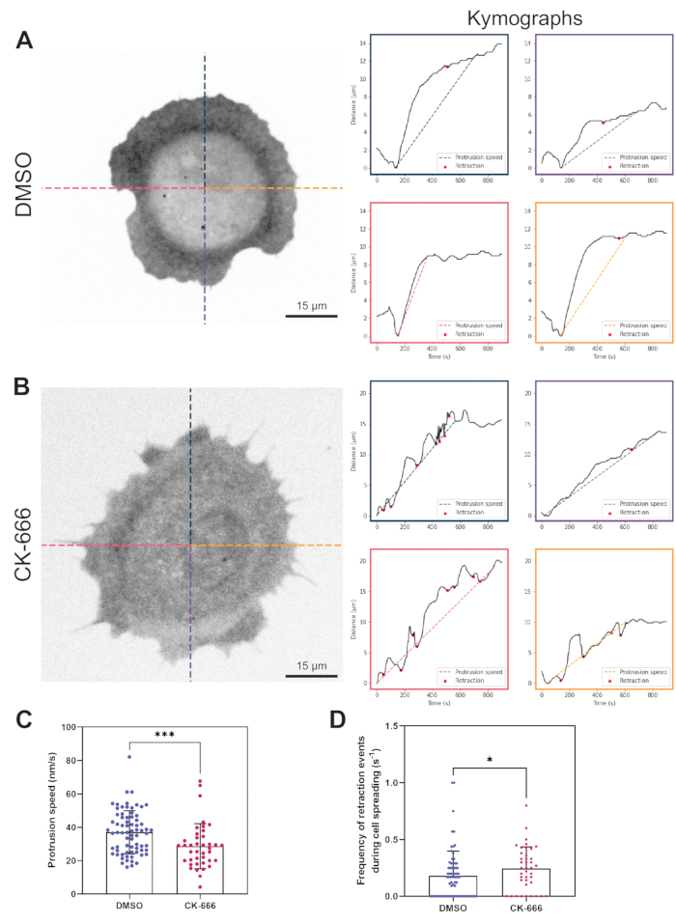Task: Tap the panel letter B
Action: [x=28, y=390]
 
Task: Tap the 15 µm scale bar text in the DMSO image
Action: [x=310, y=306]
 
